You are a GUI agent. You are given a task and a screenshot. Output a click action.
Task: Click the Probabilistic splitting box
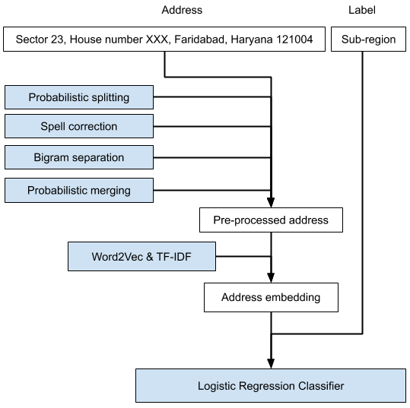[x=79, y=97]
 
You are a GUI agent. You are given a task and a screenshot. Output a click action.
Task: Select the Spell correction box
[x=79, y=126]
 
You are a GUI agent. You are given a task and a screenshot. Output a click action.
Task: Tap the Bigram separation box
[x=79, y=158]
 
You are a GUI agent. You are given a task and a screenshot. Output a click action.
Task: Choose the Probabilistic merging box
[x=79, y=190]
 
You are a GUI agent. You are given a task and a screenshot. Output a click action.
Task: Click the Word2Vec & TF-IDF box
[x=141, y=257]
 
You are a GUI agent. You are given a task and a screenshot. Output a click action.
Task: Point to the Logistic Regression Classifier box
[x=271, y=386]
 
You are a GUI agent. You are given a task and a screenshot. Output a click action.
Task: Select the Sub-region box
[x=368, y=40]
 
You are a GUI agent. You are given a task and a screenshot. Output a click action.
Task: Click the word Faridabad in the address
[x=201, y=40]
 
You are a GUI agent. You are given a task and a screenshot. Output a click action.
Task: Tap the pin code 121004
[x=294, y=40]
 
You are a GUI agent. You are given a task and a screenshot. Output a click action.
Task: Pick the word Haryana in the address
[x=252, y=40]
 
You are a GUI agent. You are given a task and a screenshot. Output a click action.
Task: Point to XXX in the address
[x=157, y=40]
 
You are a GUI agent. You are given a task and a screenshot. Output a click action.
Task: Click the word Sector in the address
[x=32, y=40]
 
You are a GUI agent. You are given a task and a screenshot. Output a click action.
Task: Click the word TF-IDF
[x=173, y=257]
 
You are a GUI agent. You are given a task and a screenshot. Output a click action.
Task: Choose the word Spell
[x=52, y=126]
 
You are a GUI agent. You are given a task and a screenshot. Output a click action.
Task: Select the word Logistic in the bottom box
[x=218, y=386]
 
